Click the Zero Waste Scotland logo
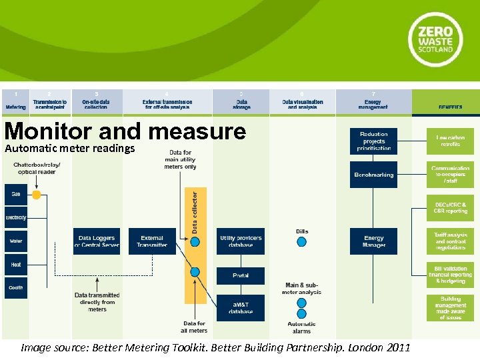pos(435,39)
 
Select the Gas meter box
pos(16,194)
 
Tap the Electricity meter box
pos(16,217)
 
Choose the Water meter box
pos(16,241)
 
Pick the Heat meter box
pos(16,265)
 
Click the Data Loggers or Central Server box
pos(97,241)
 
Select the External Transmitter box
pos(152,241)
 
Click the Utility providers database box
pos(241,241)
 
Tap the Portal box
pos(241,275)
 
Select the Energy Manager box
pos(373,241)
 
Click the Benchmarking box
pos(373,175)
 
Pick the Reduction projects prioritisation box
pos(373,141)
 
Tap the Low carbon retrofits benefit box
pos(451,141)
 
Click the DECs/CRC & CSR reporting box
pos(451,207)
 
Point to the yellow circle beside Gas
pos(37,195)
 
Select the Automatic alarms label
pos(301,327)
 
